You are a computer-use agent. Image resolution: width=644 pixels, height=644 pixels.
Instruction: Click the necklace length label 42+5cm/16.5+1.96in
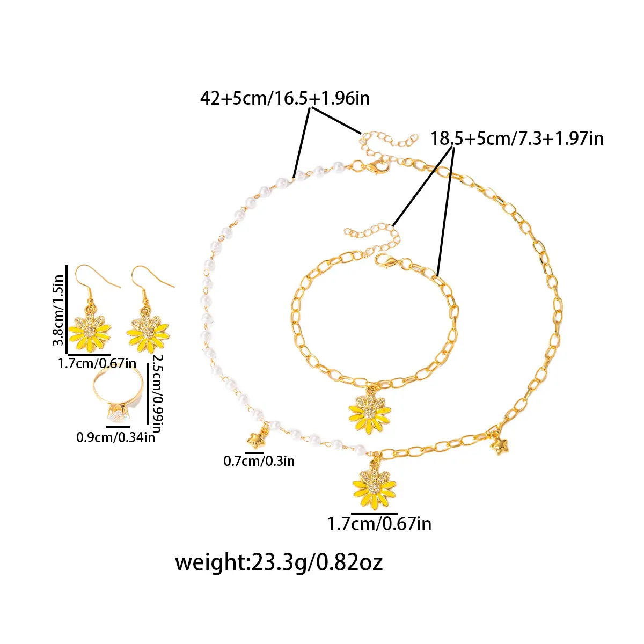[x=285, y=99]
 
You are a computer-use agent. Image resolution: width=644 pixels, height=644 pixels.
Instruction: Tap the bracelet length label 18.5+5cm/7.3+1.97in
[x=517, y=138]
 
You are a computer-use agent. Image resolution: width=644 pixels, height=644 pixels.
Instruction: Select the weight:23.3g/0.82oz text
[x=279, y=562]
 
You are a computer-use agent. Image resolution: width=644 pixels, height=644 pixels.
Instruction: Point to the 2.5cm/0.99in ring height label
[x=157, y=393]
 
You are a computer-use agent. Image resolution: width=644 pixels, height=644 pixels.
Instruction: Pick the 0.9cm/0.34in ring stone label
[x=115, y=437]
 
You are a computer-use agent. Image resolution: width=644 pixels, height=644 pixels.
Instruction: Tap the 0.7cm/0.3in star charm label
[x=259, y=461]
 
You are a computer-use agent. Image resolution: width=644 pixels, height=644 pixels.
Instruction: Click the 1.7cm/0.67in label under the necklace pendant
[x=379, y=524]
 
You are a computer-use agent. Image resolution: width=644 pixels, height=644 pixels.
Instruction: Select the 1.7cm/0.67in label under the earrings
[x=97, y=363]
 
